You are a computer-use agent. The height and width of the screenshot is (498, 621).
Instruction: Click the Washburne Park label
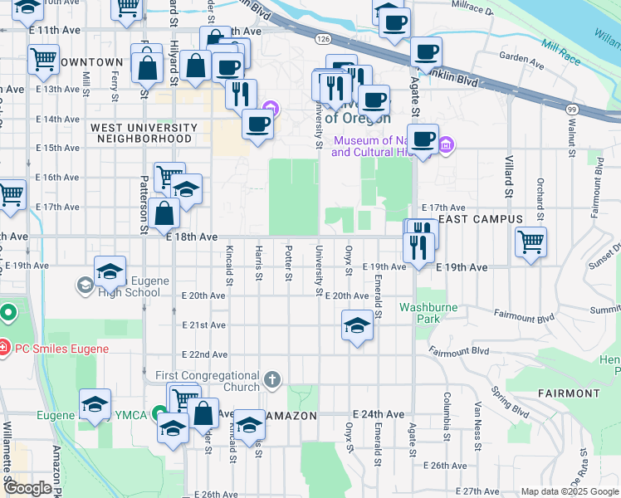(x=428, y=312)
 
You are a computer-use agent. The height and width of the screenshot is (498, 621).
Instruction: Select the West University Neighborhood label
(x=144, y=133)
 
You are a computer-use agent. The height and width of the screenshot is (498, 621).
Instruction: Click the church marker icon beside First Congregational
(x=271, y=381)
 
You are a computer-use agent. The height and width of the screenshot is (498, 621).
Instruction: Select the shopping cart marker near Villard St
(x=531, y=242)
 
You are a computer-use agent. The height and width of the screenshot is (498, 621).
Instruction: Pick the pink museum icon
(x=447, y=146)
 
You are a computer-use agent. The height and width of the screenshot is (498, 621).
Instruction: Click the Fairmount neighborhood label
(x=569, y=393)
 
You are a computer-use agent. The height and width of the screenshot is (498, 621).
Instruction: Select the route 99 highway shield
(x=572, y=109)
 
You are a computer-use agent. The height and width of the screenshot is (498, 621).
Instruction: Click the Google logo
(x=28, y=488)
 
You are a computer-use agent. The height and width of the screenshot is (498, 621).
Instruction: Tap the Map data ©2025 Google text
(x=570, y=491)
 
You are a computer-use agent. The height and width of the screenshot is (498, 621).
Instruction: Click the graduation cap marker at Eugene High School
(x=110, y=271)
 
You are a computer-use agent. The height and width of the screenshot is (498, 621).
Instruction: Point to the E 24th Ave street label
(x=378, y=413)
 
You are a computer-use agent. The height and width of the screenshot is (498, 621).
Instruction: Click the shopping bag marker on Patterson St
(x=166, y=212)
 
